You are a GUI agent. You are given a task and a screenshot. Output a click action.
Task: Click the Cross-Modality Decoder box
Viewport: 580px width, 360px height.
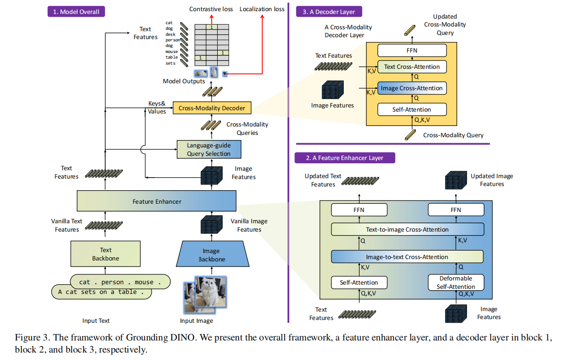[212, 108]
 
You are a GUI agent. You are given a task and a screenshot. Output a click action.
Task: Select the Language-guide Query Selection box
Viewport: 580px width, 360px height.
[209, 149]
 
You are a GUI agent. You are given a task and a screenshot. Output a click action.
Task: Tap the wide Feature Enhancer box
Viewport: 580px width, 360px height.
[157, 201]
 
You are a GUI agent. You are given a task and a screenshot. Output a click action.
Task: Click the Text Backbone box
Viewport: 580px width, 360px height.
[106, 254]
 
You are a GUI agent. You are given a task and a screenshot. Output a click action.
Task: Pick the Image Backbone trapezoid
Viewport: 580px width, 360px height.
[212, 255]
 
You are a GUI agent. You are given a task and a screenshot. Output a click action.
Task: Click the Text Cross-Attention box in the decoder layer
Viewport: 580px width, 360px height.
[412, 67]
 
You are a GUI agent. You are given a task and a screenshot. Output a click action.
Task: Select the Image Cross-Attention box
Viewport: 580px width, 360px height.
[412, 88]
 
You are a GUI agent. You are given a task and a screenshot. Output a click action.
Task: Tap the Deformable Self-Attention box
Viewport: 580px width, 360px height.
[456, 282]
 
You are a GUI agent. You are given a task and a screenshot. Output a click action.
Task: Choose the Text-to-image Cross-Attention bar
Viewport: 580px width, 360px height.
[407, 229]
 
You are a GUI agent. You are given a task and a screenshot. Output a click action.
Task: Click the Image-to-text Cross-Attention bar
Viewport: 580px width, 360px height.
[407, 257]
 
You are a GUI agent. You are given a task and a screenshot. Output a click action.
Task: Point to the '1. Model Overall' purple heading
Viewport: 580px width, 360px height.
[76, 12]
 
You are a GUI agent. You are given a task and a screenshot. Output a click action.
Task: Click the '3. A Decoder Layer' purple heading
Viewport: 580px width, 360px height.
[329, 12]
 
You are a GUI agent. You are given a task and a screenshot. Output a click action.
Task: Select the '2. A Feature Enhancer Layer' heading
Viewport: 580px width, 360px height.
[345, 158]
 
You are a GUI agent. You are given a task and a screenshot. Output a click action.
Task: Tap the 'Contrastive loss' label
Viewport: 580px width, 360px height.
[211, 9]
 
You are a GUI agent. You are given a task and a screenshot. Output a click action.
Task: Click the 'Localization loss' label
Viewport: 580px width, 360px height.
[262, 9]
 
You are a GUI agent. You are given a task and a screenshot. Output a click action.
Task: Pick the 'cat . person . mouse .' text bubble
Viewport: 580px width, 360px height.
[120, 282]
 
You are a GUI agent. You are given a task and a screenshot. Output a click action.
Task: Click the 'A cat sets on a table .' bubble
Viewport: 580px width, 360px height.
[101, 292]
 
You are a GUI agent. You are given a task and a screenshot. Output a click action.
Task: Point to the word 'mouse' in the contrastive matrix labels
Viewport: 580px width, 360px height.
[172, 52]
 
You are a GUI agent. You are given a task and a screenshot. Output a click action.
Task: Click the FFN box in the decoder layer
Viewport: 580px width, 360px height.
[412, 50]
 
